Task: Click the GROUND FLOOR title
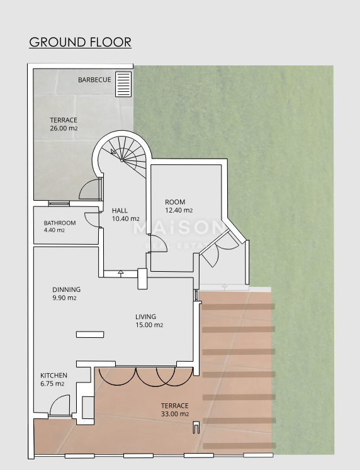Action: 80,42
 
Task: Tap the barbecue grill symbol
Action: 123,84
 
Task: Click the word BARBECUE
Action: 94,80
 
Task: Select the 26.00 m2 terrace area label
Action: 64,124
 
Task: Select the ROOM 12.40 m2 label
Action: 179,206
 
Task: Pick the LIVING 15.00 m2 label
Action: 149,320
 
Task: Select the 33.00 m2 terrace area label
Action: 175,410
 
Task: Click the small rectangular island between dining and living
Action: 90,335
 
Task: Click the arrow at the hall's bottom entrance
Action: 120,273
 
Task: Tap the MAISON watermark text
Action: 179,228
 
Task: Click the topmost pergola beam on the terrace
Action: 239,306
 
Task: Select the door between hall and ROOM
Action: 157,243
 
